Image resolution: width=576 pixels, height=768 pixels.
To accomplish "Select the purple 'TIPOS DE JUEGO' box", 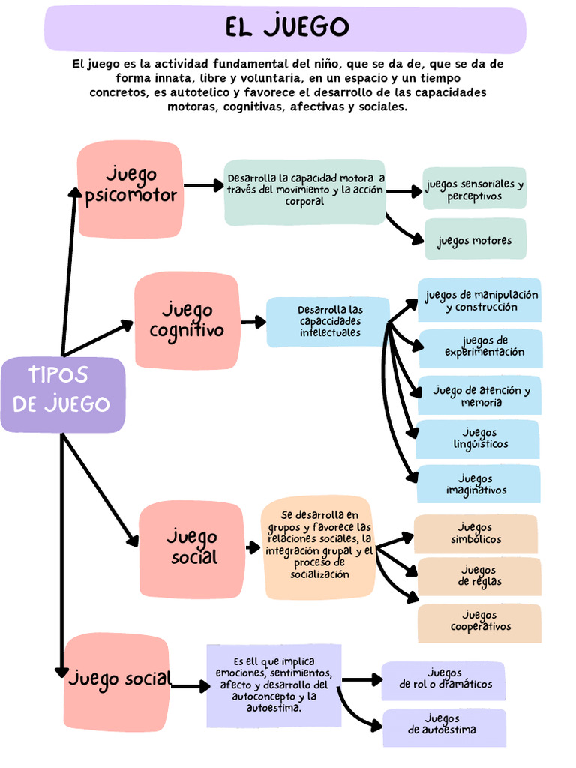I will pos(62,394).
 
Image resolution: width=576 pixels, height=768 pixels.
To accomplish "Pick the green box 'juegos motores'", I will pos(475,240).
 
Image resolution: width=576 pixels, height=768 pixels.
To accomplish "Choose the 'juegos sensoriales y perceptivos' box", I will pos(474,189).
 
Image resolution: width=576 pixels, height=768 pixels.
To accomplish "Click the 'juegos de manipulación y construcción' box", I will pos(480,301).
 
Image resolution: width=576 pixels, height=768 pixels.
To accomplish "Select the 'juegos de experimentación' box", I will pos(480,347).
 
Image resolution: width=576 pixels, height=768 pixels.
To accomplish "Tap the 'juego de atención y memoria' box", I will pos(480,395).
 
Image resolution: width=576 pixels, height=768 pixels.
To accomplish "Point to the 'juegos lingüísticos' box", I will pos(478,439).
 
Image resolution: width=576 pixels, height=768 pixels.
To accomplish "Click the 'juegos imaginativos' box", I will pos(478,484).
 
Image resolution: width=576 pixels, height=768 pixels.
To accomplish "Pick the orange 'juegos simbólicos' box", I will pos(475,533).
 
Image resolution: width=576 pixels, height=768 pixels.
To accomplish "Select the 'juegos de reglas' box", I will pos(479,576).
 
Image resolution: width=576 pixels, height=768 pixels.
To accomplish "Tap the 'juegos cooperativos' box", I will pos(479,622).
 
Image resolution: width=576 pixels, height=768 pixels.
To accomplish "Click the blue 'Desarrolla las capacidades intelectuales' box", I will pos(328,322).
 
